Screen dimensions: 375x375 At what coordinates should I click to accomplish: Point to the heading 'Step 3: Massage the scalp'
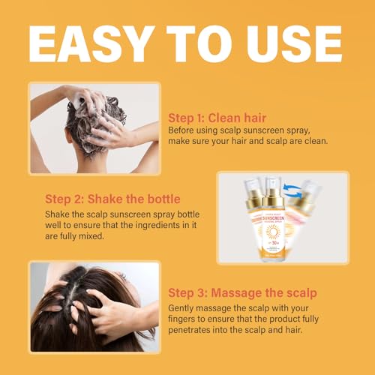point(241,292)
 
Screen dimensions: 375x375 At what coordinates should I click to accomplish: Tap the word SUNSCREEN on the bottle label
point(273,223)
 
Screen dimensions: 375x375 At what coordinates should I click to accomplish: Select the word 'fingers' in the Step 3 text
point(187,319)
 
